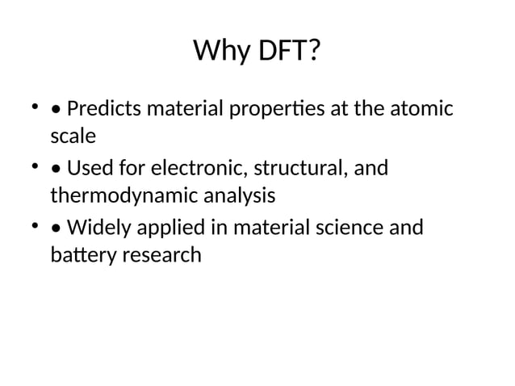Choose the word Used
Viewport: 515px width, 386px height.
(x=88, y=168)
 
